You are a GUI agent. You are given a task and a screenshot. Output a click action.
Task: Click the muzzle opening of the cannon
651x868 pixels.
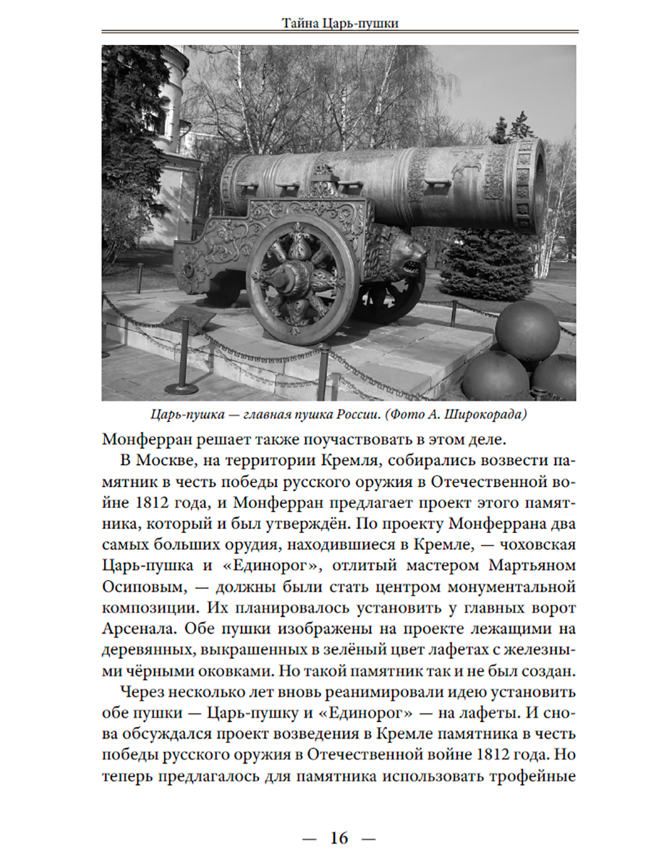point(537,184)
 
